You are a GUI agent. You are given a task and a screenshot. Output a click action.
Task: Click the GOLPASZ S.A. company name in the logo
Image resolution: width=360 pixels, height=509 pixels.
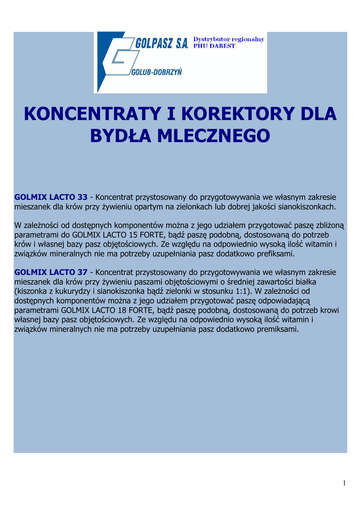(162, 44)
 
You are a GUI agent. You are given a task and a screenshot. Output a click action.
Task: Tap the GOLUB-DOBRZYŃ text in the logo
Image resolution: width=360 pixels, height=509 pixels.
(157, 72)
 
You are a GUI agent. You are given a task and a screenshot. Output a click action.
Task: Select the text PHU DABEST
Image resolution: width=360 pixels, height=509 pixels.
(214, 46)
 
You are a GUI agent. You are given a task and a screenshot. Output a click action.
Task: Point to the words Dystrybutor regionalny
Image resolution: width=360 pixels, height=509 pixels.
(229, 39)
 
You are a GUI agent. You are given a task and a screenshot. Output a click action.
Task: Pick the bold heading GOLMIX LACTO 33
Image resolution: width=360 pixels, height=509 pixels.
(51, 197)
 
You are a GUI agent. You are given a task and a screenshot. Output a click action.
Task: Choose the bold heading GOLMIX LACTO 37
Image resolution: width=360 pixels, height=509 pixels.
(51, 272)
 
